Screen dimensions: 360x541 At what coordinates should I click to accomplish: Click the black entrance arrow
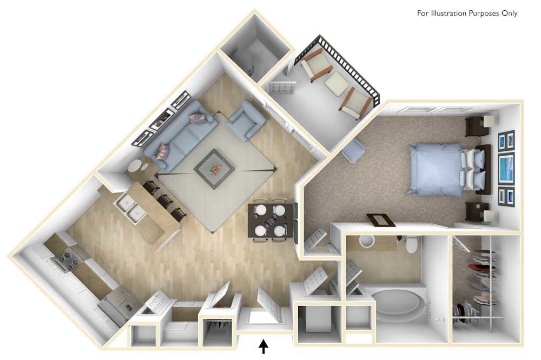coord(264,344)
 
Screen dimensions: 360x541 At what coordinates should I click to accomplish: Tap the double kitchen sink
coord(130,209)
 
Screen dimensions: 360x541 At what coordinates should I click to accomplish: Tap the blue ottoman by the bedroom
coord(354,150)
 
